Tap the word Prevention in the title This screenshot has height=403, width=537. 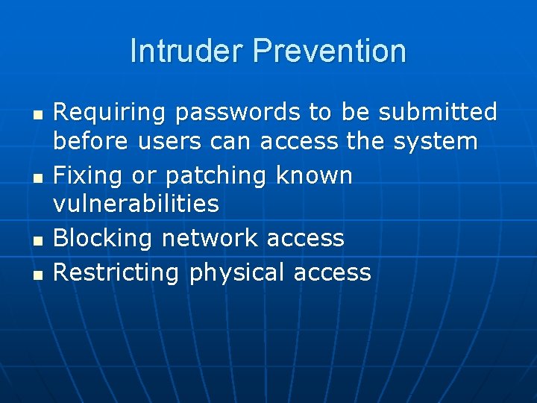[x=330, y=51]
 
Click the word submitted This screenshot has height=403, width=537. [x=438, y=112]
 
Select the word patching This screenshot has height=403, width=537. [x=217, y=176]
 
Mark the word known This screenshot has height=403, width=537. [x=314, y=175]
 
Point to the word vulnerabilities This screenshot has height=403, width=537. [x=136, y=203]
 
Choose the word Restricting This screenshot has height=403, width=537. [x=116, y=272]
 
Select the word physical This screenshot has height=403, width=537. [x=237, y=273]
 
